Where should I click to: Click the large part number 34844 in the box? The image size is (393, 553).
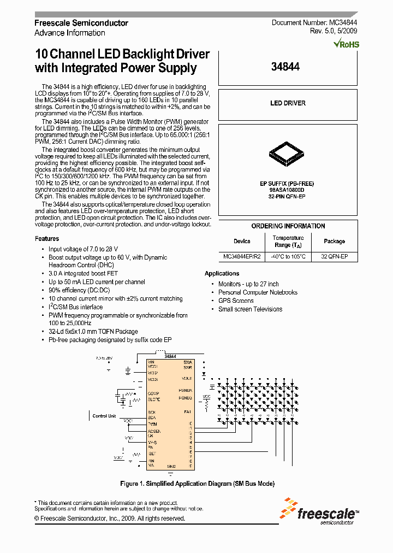pos(285,67)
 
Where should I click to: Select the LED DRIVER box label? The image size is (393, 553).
pos(288,103)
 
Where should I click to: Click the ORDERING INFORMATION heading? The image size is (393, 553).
pos(288,226)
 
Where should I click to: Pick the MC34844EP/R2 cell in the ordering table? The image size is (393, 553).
pos(242,256)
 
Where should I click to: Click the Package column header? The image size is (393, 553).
pos(334,241)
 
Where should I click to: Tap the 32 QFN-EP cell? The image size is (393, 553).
pos(334,256)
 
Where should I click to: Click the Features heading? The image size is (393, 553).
pos(47,239)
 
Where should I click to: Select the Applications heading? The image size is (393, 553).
pos(222,273)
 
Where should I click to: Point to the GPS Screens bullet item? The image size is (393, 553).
pos(236,301)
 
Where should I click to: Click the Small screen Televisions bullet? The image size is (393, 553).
pos(250,309)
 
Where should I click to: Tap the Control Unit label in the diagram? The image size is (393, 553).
pos(104,416)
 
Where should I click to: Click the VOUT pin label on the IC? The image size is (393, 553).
pos(187,379)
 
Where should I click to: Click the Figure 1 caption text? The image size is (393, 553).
pos(197,484)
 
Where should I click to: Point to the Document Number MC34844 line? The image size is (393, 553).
pos(314,23)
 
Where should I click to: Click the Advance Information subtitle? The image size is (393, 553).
pos(70,33)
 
